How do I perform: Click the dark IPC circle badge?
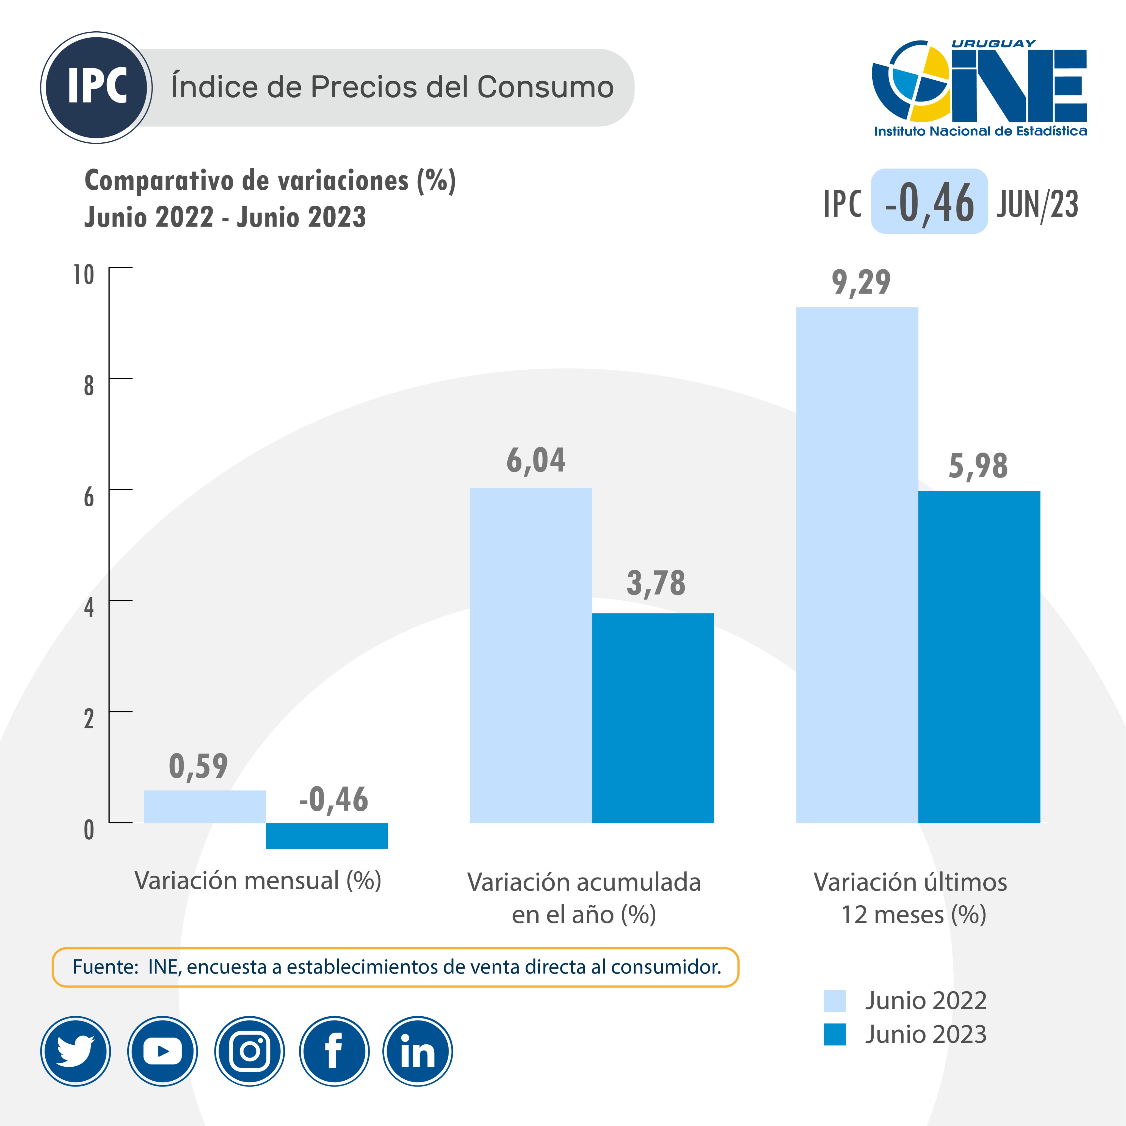(x=97, y=87)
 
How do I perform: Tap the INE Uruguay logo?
(x=979, y=87)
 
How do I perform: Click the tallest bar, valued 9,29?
(x=857, y=565)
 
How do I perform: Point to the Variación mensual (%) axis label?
(x=258, y=881)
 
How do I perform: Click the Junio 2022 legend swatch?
(x=835, y=1001)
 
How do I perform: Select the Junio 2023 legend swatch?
(x=835, y=1034)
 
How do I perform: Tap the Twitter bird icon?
(x=76, y=1052)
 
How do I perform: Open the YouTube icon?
(x=163, y=1052)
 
